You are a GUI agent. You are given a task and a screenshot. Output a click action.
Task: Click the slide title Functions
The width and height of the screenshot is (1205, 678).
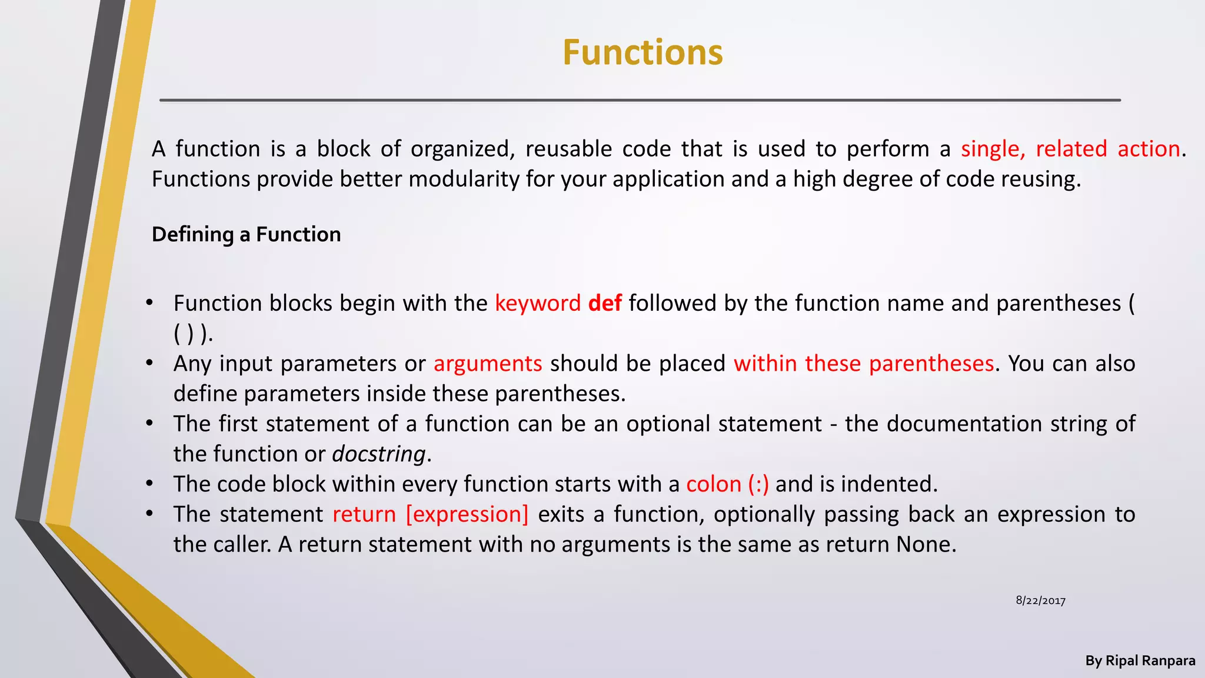click(643, 52)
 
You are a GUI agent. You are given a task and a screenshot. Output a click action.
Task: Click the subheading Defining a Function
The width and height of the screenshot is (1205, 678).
click(246, 234)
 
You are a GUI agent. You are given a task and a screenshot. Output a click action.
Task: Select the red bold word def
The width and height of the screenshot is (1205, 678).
click(605, 303)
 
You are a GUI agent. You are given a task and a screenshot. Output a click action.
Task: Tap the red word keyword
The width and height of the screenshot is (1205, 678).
click(538, 304)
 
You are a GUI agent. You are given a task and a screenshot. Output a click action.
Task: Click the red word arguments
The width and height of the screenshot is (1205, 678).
click(488, 364)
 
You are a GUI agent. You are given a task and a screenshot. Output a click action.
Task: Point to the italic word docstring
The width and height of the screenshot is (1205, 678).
click(378, 454)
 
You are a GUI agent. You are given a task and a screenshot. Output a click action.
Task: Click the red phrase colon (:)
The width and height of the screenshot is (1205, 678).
click(727, 484)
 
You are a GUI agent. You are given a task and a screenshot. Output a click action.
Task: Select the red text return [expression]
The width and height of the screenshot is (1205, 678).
click(430, 514)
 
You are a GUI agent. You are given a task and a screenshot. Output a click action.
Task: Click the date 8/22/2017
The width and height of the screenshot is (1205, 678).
click(1040, 600)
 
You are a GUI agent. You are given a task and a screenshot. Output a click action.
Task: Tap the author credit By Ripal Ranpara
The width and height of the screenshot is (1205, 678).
click(1140, 661)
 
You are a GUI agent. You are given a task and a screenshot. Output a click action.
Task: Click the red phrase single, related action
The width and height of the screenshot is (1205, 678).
click(1070, 149)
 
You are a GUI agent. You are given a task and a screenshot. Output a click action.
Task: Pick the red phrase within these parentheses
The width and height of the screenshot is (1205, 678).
click(863, 364)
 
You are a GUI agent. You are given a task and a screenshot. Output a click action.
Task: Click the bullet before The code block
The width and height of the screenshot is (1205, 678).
click(150, 484)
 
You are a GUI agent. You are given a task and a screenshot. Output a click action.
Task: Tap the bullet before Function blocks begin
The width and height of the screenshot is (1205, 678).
click(150, 303)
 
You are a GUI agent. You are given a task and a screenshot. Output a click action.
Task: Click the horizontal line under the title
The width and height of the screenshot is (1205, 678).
click(640, 101)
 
